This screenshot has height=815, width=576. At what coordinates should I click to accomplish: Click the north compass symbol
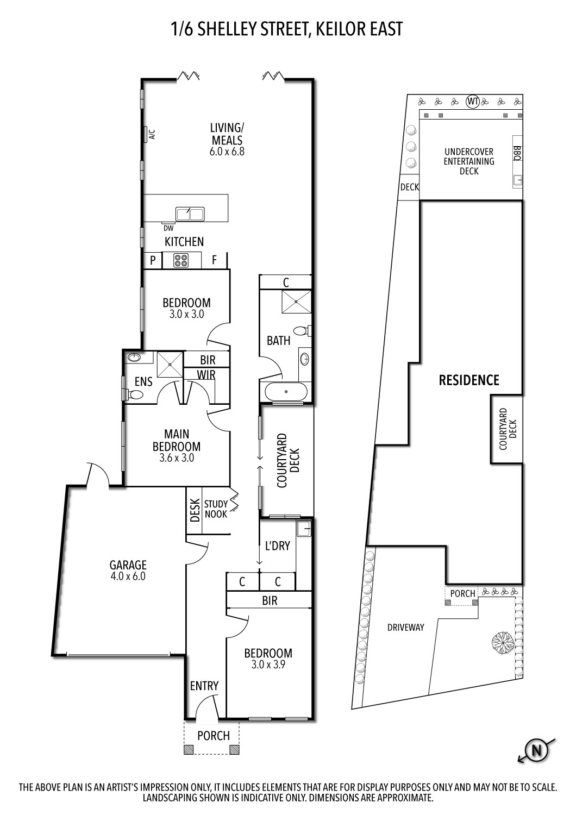coord(537,750)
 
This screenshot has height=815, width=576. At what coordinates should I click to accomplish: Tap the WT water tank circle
coord(473,101)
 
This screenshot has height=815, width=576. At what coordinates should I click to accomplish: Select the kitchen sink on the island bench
coord(190,214)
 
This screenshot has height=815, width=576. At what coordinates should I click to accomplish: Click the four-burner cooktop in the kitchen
coord(181,260)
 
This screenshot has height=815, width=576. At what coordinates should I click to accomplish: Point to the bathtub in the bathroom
coord(286,392)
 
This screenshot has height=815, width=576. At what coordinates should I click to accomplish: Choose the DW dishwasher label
coord(168,229)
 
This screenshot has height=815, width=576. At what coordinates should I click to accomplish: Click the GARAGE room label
coord(128,565)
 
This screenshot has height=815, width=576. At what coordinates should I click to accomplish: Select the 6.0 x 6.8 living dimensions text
coord(227,152)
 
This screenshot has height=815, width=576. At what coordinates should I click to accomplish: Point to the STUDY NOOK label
coord(216,509)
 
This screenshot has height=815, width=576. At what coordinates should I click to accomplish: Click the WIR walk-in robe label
coord(206,374)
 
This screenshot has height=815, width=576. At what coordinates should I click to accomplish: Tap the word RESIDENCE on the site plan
coord(469,380)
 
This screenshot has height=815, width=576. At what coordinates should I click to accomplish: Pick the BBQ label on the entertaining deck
coord(517,153)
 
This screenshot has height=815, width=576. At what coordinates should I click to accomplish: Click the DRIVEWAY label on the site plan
coord(406,627)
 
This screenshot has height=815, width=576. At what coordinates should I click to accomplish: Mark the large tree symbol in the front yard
coord(502,644)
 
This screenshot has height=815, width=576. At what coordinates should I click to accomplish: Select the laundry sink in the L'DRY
coord(304,528)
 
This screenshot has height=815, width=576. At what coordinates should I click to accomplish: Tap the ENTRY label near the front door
coord(204,686)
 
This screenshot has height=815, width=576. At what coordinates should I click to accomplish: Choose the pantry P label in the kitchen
coord(153,260)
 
